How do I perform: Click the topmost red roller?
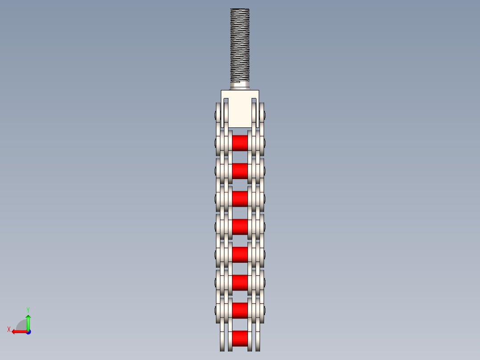(x=240, y=143)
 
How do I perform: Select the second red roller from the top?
(x=240, y=171)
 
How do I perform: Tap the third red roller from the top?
(x=240, y=198)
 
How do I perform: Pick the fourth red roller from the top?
(x=240, y=226)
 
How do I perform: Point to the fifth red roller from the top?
(x=240, y=254)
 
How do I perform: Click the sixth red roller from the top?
(x=240, y=282)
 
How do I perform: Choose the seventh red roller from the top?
(x=240, y=310)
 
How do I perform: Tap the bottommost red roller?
(x=240, y=338)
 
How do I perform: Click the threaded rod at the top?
(x=240, y=45)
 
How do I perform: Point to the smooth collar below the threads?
(x=240, y=85)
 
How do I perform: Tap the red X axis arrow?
(x=18, y=331)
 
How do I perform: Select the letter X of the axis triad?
(x=9, y=329)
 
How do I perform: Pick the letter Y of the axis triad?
(x=28, y=309)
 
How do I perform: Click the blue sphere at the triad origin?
(x=28, y=331)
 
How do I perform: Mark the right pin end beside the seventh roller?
(x=264, y=311)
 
